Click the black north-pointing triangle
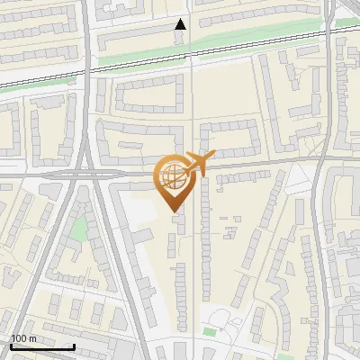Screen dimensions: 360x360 point(181,24)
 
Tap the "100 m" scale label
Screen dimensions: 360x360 point(23,338)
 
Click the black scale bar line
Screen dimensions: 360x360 point(41,346)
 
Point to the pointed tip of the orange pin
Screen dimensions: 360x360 point(172,211)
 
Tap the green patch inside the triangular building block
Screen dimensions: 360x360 point(80,229)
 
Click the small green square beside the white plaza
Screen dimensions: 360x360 point(211,332)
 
